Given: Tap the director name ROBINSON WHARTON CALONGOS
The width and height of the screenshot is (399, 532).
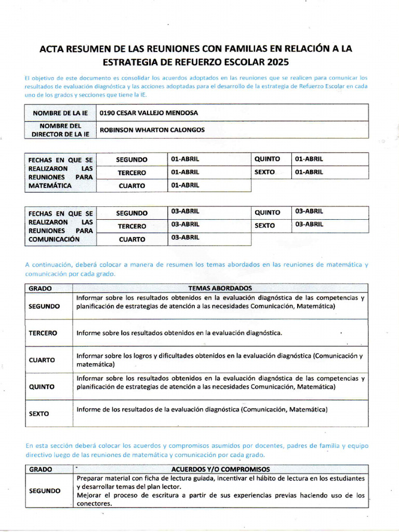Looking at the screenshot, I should point(152,130).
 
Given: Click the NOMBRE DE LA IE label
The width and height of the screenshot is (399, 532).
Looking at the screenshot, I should point(60,113).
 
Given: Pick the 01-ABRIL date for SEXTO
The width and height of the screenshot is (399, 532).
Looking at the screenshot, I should point(309,172).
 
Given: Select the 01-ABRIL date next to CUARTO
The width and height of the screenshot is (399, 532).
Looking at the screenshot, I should point(185,185).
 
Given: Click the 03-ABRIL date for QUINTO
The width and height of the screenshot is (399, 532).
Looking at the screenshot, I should point(309,211).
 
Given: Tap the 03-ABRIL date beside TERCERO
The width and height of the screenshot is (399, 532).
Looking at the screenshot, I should point(185,224).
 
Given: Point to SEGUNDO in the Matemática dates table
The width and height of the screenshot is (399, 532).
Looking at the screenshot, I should point(131,159).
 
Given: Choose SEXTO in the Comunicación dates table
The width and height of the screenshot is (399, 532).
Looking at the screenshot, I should point(265,225).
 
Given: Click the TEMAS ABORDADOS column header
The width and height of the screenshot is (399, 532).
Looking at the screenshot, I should point(220,288).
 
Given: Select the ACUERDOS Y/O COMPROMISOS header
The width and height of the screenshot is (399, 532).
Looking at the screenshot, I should point(220,469).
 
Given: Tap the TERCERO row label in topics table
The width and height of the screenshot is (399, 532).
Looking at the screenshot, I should point(43,333).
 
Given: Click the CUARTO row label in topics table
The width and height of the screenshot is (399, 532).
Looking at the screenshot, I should point(42,360).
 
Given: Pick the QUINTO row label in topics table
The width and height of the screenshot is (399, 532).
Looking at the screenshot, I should point(42,387).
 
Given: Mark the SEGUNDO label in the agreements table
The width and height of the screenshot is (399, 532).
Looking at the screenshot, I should point(44,490).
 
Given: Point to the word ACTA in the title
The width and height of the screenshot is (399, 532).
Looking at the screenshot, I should point(52,49).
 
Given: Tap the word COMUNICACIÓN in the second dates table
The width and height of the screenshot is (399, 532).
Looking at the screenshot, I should point(54,240).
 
